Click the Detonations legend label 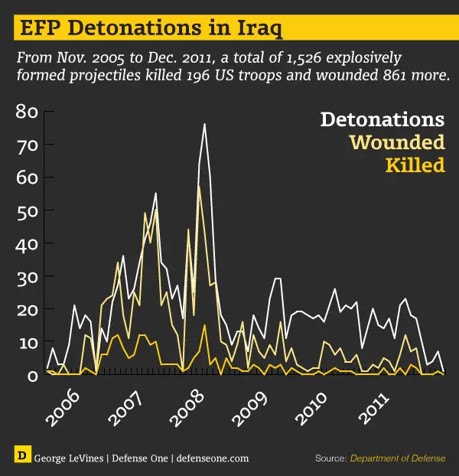tap(382, 120)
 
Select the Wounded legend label tap(396, 142)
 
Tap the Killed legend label tap(415, 165)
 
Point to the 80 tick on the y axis tap(26, 112)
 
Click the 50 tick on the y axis tap(26, 210)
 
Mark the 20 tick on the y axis tap(26, 309)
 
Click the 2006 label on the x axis tap(63, 409)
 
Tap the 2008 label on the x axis tap(189, 409)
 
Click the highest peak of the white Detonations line tap(204, 124)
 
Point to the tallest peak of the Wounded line tap(199, 186)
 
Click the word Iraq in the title tap(257, 29)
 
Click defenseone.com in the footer tap(212, 458)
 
